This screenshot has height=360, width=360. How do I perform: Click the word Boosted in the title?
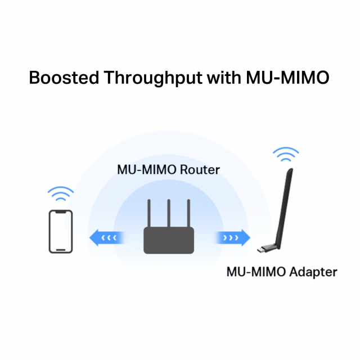point(61,78)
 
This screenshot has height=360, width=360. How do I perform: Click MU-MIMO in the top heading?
point(287,78)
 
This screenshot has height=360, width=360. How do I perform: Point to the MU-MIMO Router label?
point(168,169)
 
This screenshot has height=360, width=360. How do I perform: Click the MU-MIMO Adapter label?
point(281,272)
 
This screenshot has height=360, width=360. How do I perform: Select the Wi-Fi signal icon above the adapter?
point(286,154)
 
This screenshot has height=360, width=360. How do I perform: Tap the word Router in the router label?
point(200,169)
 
